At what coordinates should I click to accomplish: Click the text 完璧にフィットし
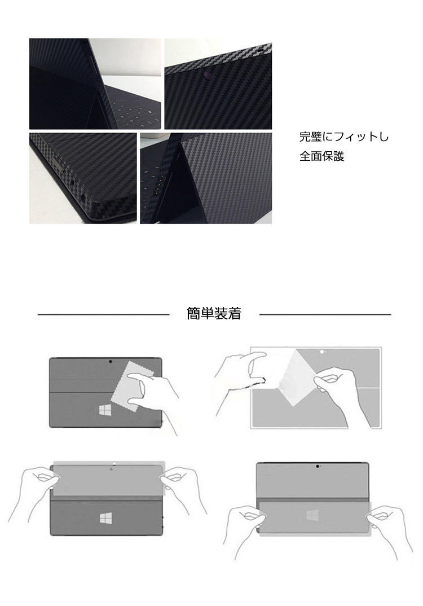click(343, 137)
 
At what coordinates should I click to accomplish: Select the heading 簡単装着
click(214, 314)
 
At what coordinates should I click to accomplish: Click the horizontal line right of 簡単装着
click(325, 314)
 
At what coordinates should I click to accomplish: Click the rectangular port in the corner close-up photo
click(59, 166)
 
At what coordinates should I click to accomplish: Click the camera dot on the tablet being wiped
click(109, 362)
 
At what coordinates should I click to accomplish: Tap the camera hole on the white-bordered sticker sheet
click(322, 352)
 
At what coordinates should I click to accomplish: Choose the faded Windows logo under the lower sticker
click(312, 515)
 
